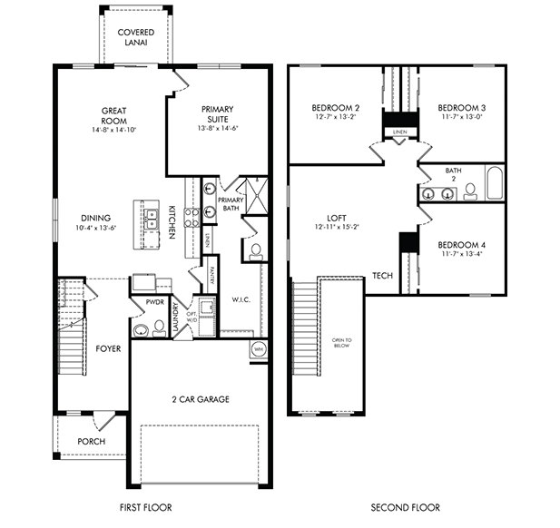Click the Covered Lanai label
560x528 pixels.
(136, 38)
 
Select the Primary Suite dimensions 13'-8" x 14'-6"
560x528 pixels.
(218, 129)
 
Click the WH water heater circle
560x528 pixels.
(258, 348)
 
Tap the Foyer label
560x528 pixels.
(108, 348)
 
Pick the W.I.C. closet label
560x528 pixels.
(241, 298)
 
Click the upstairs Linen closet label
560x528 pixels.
(399, 132)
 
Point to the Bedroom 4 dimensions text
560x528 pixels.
(461, 255)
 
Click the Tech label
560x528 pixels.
(382, 277)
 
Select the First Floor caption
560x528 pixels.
(146, 507)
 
